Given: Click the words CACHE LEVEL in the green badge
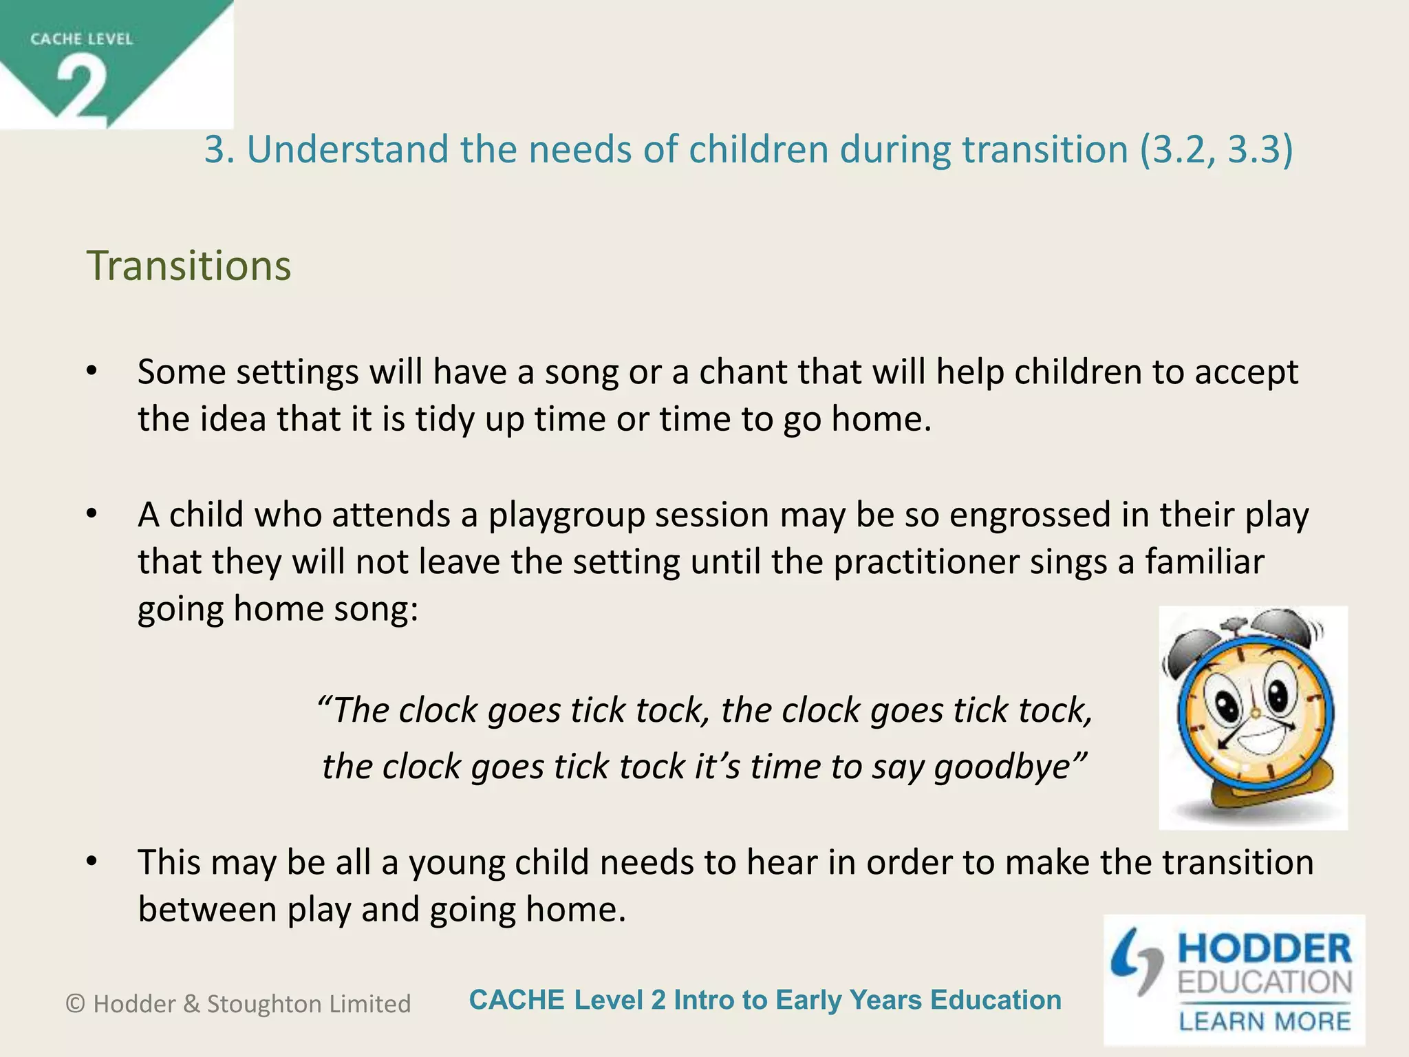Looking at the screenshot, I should (x=81, y=39).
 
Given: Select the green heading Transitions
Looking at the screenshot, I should (x=189, y=266).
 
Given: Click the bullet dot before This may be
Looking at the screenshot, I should (x=92, y=862).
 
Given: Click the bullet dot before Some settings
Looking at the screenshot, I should (x=92, y=372).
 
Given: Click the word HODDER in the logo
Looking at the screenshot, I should (x=1265, y=949).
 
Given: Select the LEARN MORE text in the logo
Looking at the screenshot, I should (x=1265, y=1021).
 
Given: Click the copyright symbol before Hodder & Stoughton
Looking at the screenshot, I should (x=75, y=1004).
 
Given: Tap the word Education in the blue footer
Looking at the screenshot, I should (x=996, y=1000).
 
